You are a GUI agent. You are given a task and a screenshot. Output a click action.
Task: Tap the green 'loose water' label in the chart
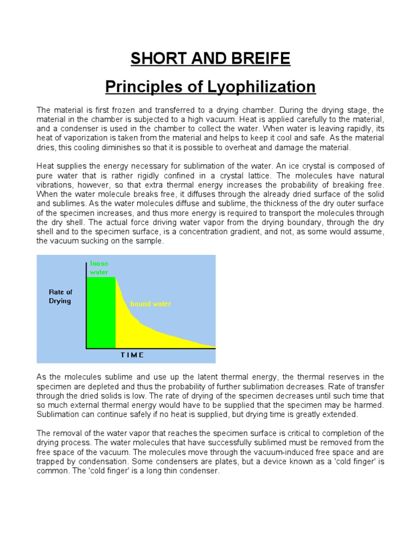click(x=99, y=267)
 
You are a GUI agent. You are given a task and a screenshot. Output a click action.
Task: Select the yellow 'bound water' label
click(x=150, y=304)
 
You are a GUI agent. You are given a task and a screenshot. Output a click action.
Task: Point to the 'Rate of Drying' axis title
click(x=60, y=296)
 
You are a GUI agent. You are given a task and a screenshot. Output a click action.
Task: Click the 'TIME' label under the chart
click(x=131, y=355)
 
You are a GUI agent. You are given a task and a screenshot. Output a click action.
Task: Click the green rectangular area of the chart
click(x=101, y=313)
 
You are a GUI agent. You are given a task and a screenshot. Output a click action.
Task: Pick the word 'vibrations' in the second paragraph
click(x=55, y=185)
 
